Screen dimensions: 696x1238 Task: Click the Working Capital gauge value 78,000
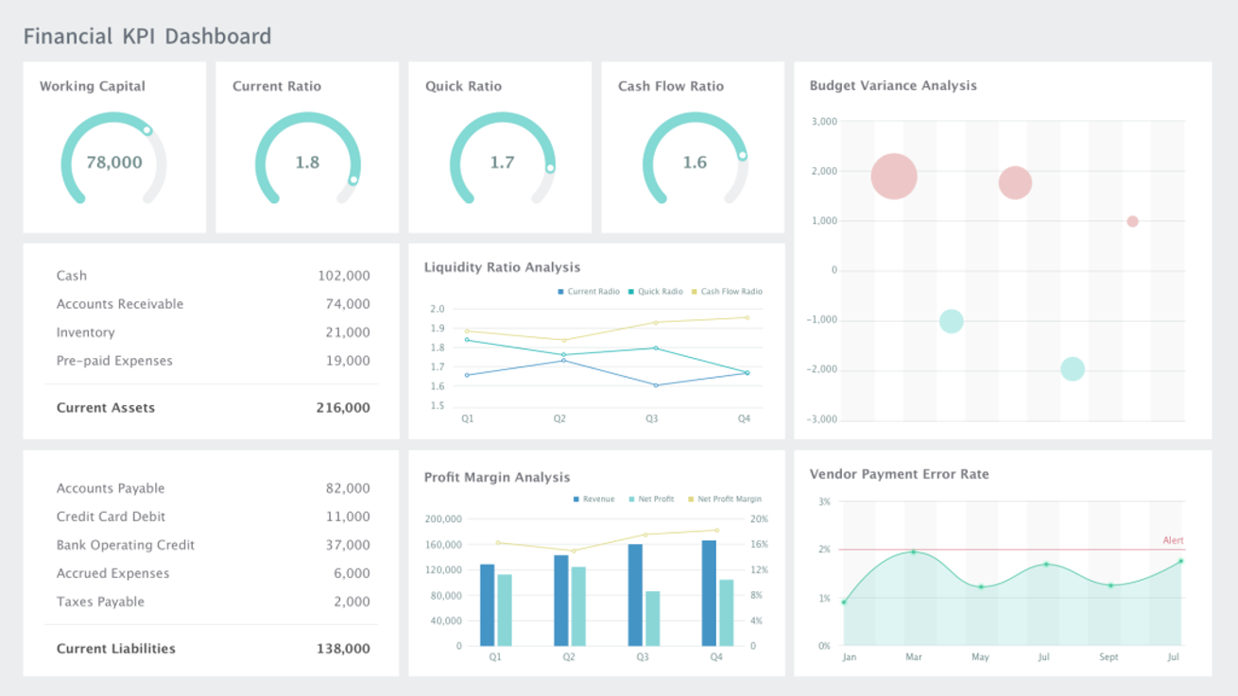114,162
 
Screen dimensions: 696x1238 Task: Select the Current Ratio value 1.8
307,162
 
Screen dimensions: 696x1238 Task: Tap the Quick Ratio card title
463,86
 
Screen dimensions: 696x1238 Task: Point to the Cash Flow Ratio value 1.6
695,162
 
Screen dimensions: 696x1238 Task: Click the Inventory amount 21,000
348,332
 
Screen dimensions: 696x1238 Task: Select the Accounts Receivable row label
120,304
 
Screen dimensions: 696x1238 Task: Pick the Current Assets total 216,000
343,408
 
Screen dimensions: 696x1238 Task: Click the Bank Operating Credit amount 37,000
348,545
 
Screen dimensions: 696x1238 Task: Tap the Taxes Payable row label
100,602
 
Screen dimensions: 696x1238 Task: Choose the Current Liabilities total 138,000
343,649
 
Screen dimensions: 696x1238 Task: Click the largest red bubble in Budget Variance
894,176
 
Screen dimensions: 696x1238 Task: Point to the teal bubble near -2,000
1072,369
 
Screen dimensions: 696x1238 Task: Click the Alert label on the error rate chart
1173,541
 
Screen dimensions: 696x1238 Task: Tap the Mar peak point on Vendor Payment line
913,552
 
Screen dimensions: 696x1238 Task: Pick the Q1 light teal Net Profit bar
505,610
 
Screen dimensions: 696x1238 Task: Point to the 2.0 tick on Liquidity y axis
437,309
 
